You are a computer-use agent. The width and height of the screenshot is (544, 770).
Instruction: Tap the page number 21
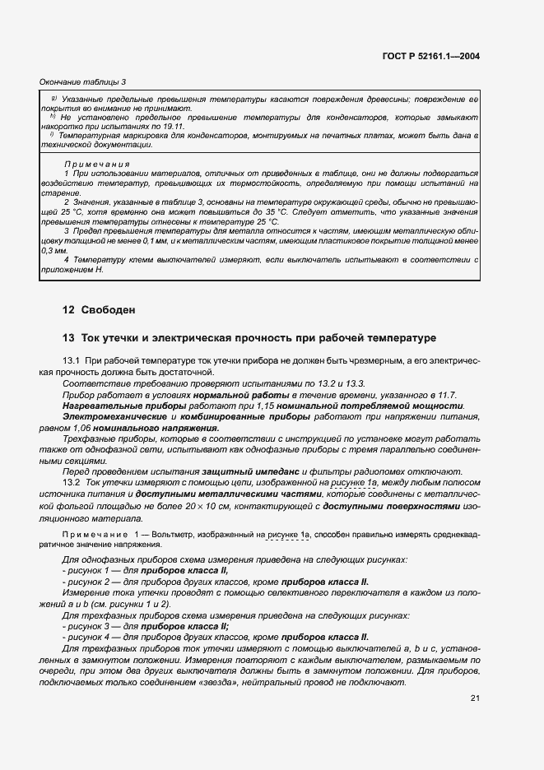coord(475,699)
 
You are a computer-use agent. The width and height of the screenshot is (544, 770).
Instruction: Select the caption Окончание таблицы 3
coord(82,81)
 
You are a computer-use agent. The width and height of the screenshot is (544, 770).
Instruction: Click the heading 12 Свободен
coord(98,310)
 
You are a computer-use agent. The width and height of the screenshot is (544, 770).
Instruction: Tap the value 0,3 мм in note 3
coord(53,249)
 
